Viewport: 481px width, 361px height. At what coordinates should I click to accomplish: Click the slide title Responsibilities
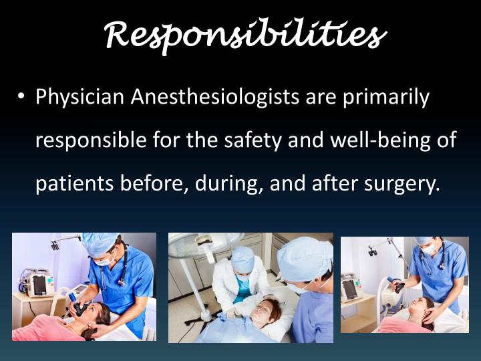(x=245, y=35)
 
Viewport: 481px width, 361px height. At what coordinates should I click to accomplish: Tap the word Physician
(x=80, y=98)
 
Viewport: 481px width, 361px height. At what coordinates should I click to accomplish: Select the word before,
(x=152, y=183)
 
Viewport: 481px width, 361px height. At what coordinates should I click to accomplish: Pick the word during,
(x=229, y=183)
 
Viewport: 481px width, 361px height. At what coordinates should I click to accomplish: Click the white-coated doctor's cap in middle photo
(x=242, y=256)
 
